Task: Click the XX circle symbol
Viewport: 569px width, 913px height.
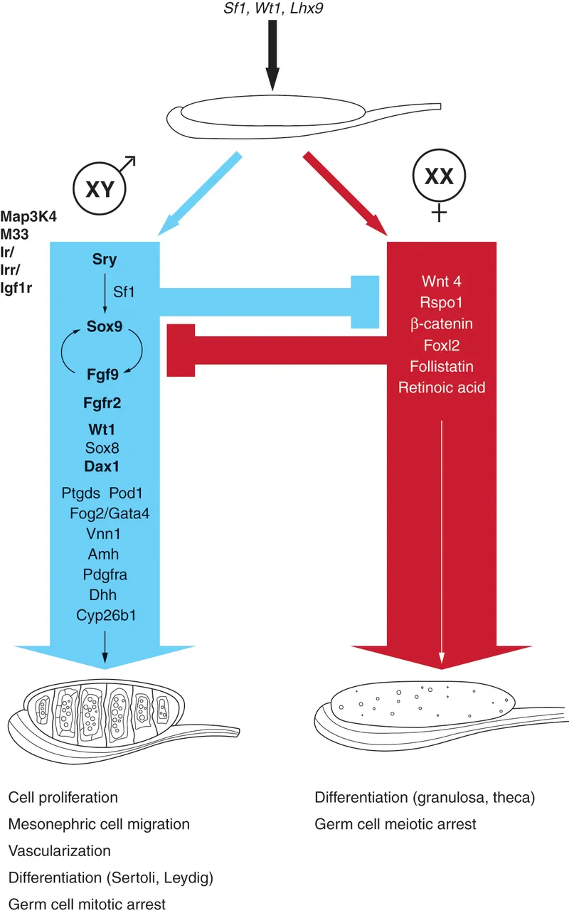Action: (x=439, y=176)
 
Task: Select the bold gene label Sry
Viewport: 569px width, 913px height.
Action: (x=105, y=258)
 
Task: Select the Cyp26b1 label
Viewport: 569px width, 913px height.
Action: (x=106, y=615)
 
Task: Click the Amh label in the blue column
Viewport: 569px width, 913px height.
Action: (x=105, y=554)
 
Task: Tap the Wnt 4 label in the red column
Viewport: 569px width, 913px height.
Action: (x=442, y=281)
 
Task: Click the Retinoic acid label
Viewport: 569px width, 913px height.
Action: (x=442, y=388)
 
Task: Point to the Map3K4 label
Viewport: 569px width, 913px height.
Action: (x=29, y=216)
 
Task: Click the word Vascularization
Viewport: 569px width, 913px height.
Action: (x=60, y=851)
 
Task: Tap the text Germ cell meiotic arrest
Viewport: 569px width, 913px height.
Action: (x=395, y=825)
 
